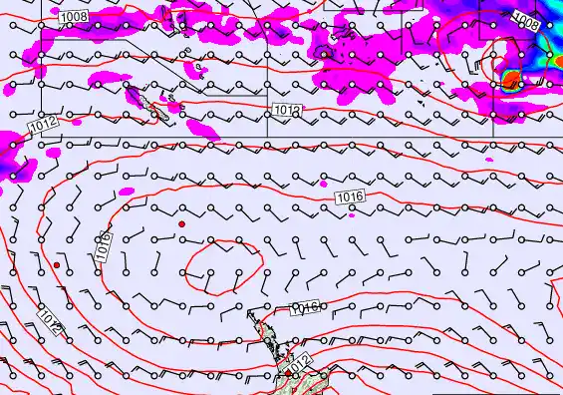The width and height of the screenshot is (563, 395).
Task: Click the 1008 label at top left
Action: pos(73,18)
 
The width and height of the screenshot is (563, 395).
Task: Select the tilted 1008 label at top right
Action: pos(526,19)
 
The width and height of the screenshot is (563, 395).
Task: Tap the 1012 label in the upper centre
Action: pos(285,108)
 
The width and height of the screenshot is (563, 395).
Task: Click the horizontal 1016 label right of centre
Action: pos(350,197)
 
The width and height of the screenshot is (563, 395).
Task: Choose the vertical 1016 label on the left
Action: pos(104,247)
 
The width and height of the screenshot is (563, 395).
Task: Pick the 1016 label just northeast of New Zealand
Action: pos(303,308)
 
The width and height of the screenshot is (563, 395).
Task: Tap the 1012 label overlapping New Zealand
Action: pos(298,360)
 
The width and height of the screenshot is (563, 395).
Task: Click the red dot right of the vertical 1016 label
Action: pos(181,224)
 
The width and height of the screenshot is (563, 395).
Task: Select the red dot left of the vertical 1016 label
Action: pos(57,266)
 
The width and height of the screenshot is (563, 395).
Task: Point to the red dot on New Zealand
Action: pos(288,370)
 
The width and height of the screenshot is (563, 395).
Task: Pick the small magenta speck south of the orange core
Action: pos(491,159)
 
